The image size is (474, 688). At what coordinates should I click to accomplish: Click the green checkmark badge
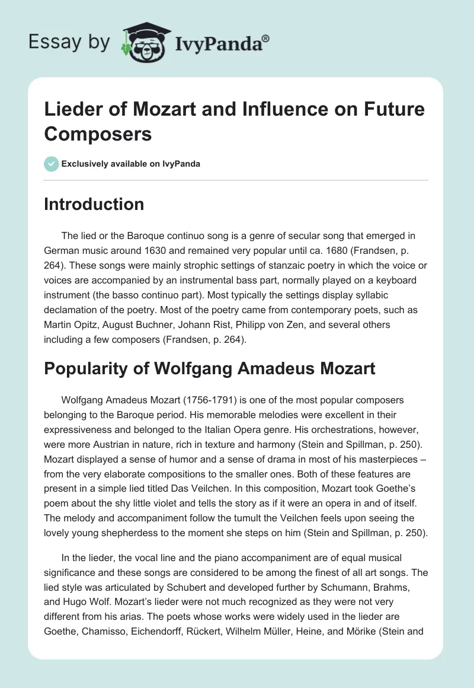pos(52,164)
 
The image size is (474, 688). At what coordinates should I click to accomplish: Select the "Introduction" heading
pos(94,204)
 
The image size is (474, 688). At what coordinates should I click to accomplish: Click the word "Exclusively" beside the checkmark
pos(87,164)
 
